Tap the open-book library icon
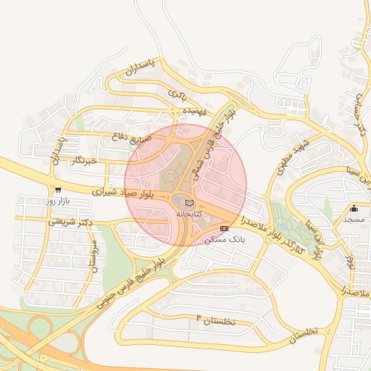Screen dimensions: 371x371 click(x=190, y=203)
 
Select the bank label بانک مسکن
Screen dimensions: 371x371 click(x=223, y=239)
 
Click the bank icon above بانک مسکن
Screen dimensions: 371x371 click(x=224, y=228)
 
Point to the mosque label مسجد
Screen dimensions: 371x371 click(x=353, y=219)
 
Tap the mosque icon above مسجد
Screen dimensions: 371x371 click(x=354, y=209)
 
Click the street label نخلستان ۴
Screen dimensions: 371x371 click(x=216, y=320)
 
